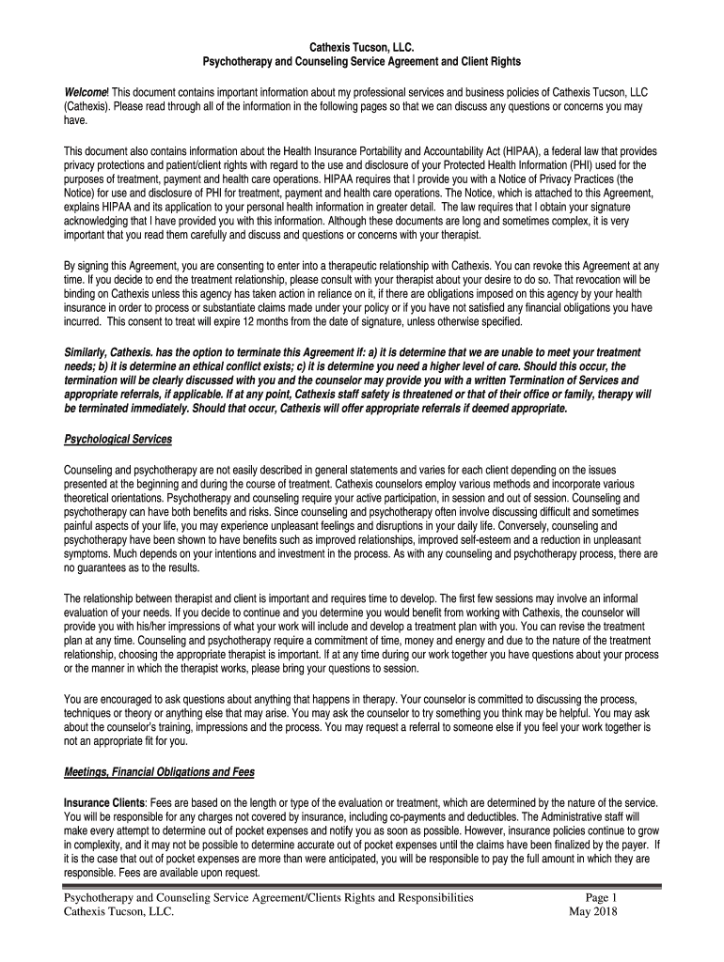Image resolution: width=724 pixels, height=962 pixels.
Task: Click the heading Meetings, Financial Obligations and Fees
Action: tap(159, 772)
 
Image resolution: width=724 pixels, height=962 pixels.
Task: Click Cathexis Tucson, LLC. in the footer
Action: tap(118, 912)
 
